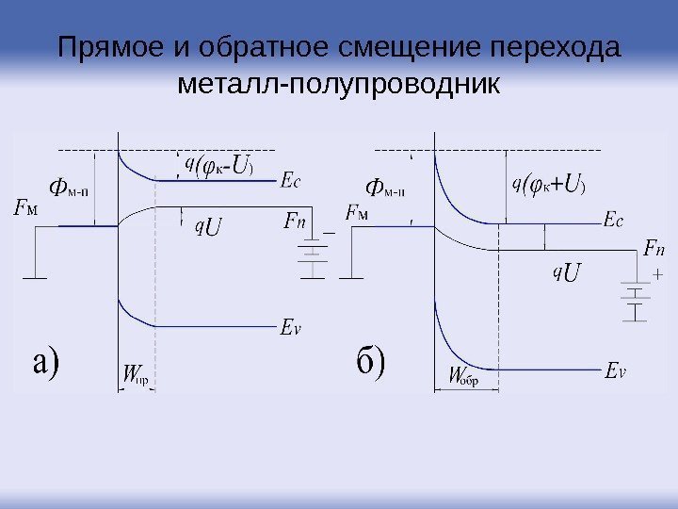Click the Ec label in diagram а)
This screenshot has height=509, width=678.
pyautogui.click(x=291, y=183)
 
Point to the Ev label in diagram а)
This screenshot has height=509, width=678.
pyautogui.click(x=291, y=328)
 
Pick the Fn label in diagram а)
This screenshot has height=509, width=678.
pyautogui.click(x=295, y=222)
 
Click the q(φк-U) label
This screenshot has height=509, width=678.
pyautogui.click(x=218, y=166)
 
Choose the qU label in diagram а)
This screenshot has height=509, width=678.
pyautogui.click(x=208, y=227)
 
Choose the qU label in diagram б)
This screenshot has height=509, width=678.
pyautogui.click(x=567, y=272)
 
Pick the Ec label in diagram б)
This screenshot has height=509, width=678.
pyautogui.click(x=613, y=222)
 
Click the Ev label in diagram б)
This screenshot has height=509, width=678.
pyautogui.click(x=615, y=370)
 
